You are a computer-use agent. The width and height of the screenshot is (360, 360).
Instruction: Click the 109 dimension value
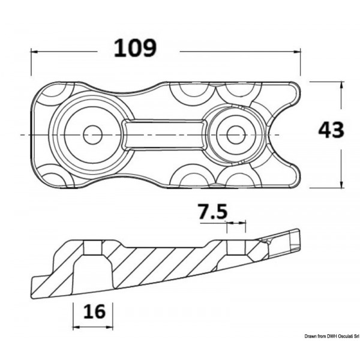tap(135, 49)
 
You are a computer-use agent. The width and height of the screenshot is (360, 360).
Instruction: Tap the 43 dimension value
tap(331, 130)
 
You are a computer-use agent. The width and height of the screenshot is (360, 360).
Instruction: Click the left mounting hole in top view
tap(92, 135)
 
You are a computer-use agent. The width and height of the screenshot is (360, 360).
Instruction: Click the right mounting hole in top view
tap(235, 135)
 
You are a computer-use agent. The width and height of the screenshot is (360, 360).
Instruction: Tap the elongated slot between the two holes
tap(163, 134)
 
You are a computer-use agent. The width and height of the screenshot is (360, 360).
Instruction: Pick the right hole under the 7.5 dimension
tap(236, 247)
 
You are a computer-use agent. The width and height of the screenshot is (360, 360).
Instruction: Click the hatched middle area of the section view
tap(162, 264)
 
